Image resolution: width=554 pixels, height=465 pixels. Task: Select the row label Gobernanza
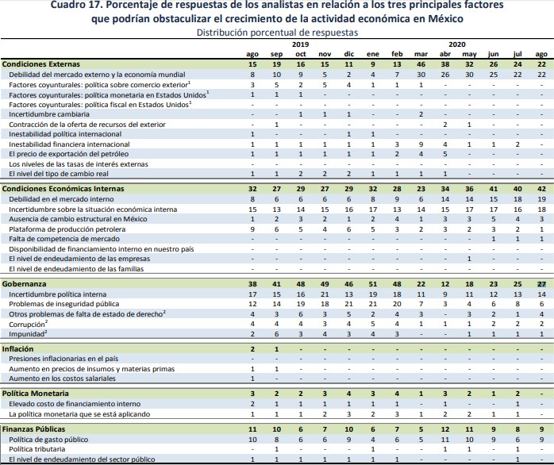point(25,283)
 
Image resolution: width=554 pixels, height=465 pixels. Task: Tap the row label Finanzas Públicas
point(33,428)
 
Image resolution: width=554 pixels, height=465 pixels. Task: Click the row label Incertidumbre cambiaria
point(49,114)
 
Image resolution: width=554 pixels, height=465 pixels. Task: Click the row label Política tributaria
point(38,449)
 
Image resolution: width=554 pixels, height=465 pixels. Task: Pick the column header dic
point(348,53)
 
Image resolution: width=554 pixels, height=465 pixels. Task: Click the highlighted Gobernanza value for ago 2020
point(541,283)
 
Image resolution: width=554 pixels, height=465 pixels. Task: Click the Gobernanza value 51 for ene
point(372,283)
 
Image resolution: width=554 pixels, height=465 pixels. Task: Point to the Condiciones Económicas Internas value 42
point(541,188)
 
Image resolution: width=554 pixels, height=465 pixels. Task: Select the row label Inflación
point(18,348)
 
